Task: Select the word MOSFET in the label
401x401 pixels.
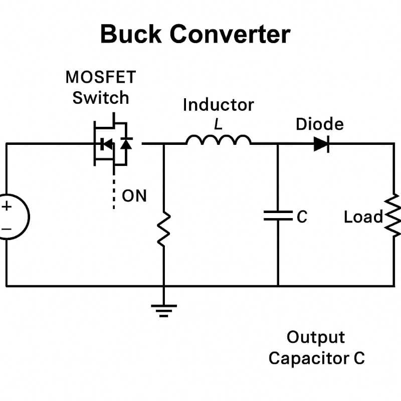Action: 101,77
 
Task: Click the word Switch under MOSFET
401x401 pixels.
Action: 101,98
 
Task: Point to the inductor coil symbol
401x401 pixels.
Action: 219,140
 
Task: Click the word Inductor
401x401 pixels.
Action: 219,105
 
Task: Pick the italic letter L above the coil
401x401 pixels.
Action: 218,124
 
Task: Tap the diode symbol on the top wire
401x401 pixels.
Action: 321,144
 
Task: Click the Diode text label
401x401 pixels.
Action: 320,124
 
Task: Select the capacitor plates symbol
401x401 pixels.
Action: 278,216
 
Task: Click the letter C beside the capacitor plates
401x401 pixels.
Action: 302,217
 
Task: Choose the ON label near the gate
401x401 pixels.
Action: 134,196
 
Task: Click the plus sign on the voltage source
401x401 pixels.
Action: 7,206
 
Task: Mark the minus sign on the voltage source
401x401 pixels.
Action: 7,229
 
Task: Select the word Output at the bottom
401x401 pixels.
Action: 316,337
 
